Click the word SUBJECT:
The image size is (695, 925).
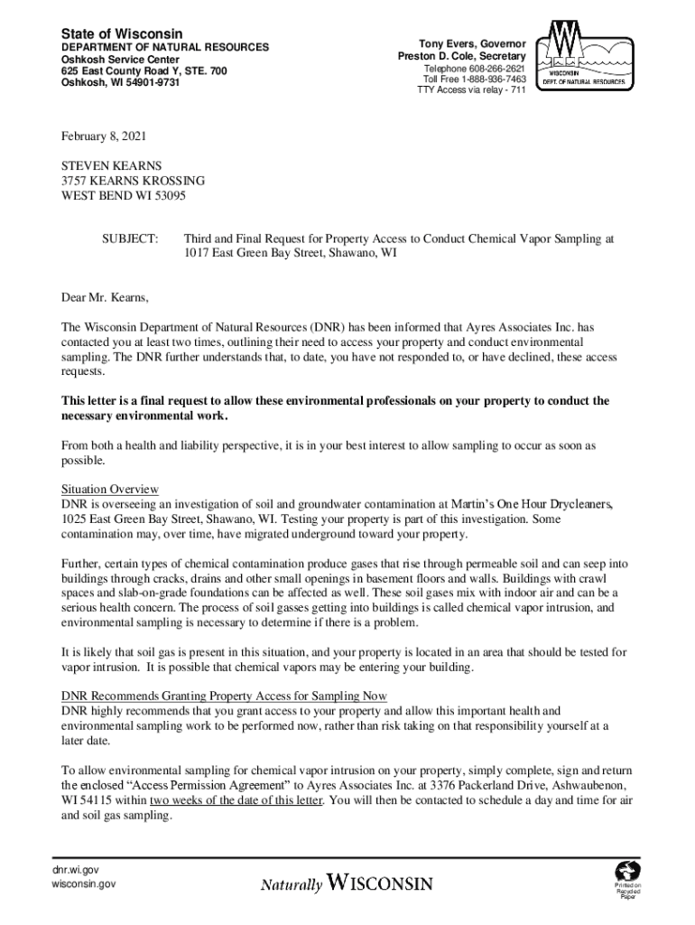[x=130, y=239]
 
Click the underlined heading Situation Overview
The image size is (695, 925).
[x=110, y=489]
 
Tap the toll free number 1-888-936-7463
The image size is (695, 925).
[x=491, y=79]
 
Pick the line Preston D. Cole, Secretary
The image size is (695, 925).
[x=461, y=56]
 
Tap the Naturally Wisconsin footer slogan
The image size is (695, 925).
[x=347, y=883]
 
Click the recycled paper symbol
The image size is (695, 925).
[x=628, y=872]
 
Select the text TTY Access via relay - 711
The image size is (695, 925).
[x=470, y=91]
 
